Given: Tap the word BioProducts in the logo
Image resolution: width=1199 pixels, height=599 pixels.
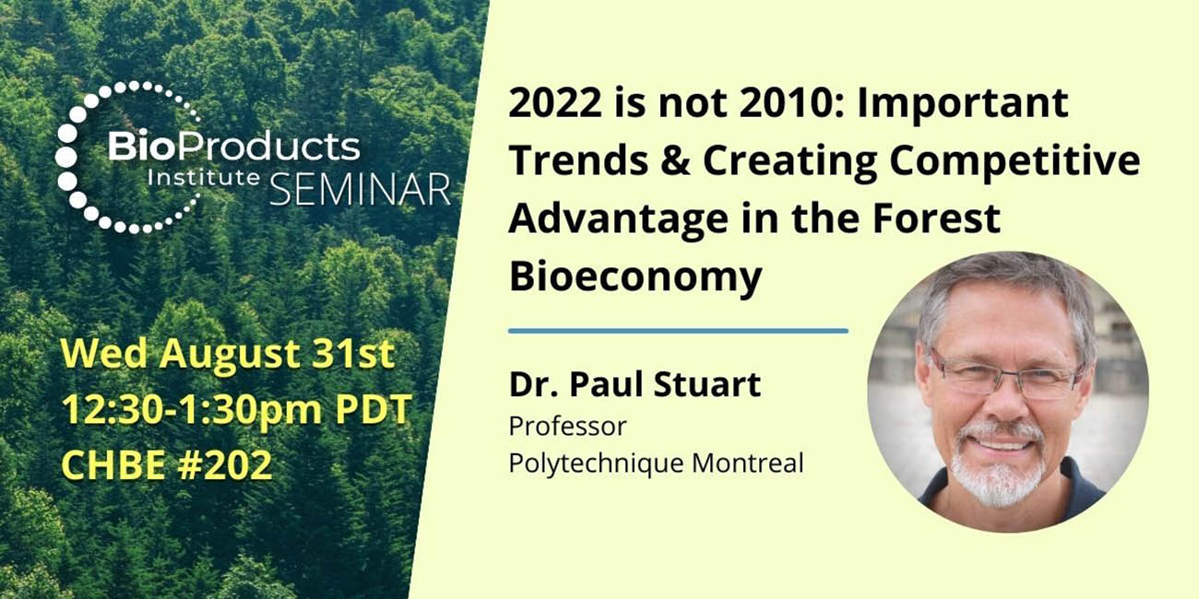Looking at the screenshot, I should click(233, 147).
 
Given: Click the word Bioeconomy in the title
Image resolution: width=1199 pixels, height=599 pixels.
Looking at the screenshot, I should click(635, 276).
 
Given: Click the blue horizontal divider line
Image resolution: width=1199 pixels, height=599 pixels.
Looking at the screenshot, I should click(678, 330).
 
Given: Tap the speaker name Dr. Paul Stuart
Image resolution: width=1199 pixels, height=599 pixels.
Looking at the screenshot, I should click(635, 385).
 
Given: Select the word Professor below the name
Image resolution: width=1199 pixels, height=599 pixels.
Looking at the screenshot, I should click(566, 427).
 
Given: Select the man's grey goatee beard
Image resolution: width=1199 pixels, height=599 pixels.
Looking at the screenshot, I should click(998, 470).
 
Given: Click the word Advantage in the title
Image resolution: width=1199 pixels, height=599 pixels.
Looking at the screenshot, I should click(613, 218).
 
